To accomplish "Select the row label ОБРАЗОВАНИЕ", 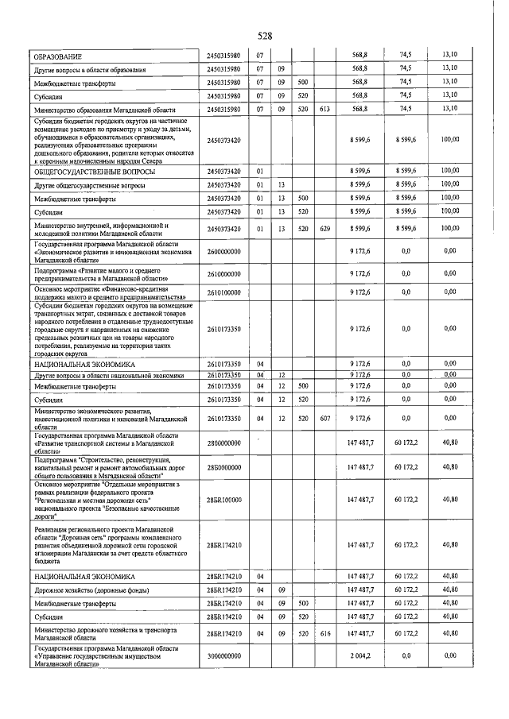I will (x=60, y=56).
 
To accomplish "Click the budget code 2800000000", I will (x=225, y=443).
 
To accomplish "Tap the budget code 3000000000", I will (x=225, y=655).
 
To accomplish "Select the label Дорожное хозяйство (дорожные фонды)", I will (x=87, y=590).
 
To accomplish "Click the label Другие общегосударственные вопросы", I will (x=87, y=184).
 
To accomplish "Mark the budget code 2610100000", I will (x=225, y=292).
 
